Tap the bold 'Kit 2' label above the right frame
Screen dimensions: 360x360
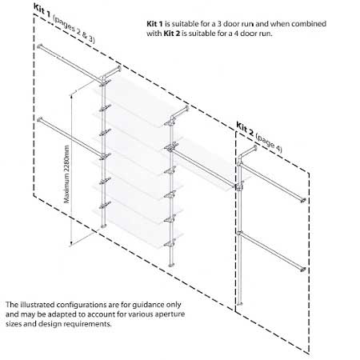pos(245,129)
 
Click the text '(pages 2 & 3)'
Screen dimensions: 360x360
pos(74,29)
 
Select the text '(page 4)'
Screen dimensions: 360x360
pos(269,143)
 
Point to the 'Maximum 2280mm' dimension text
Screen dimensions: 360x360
pos(67,174)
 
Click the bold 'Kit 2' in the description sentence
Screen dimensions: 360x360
pos(172,34)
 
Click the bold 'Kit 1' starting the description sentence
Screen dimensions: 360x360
pos(154,24)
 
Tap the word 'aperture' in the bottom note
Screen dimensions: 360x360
pos(170,314)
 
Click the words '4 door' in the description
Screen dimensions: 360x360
pos(242,34)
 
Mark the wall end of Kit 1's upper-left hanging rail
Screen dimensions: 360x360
pos(41,46)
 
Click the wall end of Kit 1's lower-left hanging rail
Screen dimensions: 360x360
pos(40,120)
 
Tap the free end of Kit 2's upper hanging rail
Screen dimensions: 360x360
pos(302,200)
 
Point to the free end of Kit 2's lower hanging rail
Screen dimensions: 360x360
pos(302,269)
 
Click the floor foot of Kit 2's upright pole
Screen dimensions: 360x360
pos(240,303)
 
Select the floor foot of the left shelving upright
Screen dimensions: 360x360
pos(103,226)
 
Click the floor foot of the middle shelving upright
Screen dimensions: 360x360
pos(171,265)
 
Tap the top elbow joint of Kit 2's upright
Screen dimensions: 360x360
pos(241,157)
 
